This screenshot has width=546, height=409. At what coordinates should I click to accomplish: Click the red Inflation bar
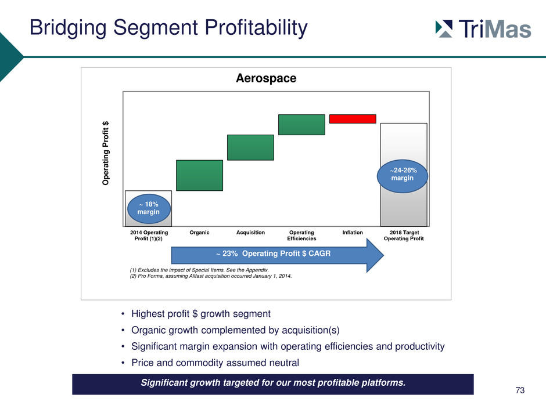pos(353,119)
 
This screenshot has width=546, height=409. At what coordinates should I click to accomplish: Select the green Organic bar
pos(200,175)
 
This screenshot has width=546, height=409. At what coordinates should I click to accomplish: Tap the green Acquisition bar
pos(250,147)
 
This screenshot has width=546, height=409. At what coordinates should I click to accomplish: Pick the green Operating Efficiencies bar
pos(301,125)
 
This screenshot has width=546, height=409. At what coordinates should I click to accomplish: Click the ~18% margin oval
pos(149,209)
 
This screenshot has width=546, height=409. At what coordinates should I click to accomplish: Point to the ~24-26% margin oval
pos(402,176)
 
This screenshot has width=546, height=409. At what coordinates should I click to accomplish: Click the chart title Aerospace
pos(266,78)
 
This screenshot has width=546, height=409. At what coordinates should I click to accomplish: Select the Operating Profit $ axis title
pos(106,153)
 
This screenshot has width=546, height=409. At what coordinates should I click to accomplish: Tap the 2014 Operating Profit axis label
pos(149,236)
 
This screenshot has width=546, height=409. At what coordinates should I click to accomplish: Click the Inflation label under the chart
pos(353,232)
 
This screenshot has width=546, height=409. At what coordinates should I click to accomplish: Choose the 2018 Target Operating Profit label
pos(404,236)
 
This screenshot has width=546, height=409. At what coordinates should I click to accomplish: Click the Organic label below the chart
pos(200,233)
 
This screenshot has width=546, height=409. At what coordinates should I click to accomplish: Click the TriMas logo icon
pos(444,29)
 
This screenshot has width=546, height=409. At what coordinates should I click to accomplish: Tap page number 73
pos(520,390)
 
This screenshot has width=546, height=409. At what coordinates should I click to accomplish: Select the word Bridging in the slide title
pos(68,28)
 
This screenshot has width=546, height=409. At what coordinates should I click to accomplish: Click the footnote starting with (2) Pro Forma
pos(211,276)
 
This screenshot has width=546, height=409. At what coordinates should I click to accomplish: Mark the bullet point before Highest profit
pos(123,314)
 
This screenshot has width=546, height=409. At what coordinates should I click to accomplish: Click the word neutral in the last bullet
pos(285,363)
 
